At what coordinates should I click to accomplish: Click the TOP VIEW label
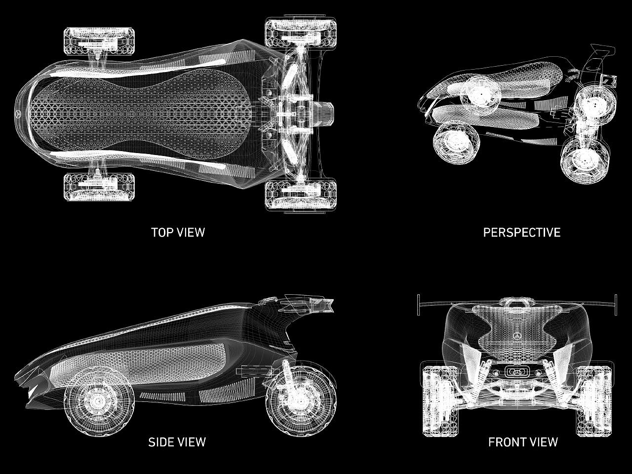[x=178, y=232]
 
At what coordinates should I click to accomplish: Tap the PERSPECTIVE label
[x=521, y=232]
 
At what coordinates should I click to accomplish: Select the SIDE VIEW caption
[x=177, y=441]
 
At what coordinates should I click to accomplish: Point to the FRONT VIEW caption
[x=523, y=441]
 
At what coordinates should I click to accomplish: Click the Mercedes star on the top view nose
[x=18, y=114]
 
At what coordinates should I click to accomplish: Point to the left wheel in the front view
[x=437, y=400]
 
